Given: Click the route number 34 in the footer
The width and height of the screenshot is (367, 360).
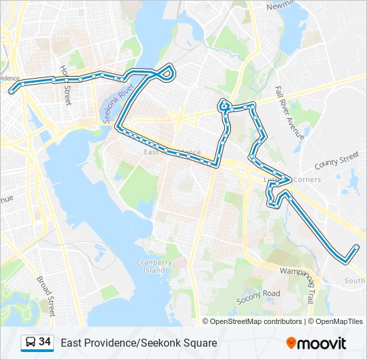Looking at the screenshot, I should coord(45,342).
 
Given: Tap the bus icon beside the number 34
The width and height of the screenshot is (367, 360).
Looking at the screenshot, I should coord(31,343).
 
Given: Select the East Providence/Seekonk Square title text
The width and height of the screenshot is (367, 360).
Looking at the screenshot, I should coord(139,343).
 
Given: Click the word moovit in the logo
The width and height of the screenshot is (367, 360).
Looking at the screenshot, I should coord(322,343).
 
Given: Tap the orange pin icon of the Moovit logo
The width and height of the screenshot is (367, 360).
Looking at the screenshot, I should coord(291,343).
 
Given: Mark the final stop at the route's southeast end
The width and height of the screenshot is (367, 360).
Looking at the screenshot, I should coord(356,248).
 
